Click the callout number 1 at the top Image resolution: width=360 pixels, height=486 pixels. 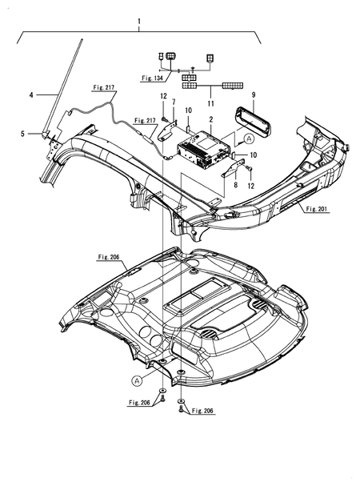click(x=139, y=22)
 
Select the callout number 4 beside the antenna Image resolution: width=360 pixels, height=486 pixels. click(x=31, y=94)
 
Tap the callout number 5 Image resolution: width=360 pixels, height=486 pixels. click(x=22, y=134)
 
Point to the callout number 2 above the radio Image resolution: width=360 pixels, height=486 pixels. click(x=211, y=119)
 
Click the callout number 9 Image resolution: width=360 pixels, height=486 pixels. click(x=254, y=94)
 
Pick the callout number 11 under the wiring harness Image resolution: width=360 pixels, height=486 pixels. click(x=210, y=103)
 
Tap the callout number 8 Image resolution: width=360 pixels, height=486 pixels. click(x=235, y=185)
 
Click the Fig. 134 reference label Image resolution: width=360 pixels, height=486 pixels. click(x=152, y=78)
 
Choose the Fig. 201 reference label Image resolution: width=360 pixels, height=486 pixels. click(x=316, y=209)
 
